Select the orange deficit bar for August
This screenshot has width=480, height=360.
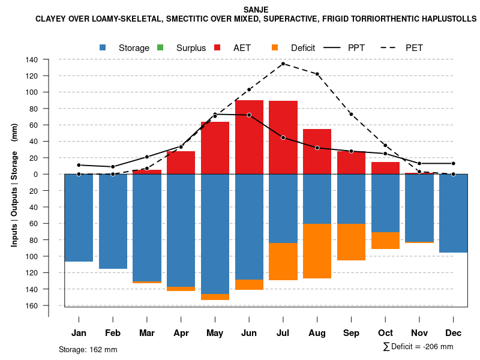[x=317, y=251]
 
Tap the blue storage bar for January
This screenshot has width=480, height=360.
[x=79, y=218]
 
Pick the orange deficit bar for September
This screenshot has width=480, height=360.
[x=351, y=242]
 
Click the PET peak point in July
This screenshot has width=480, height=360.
[x=283, y=64]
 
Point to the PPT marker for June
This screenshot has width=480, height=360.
[x=249, y=115]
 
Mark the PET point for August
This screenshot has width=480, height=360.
[x=317, y=74]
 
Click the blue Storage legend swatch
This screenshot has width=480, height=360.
[x=104, y=47]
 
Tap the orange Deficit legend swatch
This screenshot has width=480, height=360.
[x=275, y=47]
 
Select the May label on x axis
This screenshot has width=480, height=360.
[x=215, y=333]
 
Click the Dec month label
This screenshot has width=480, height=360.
[x=454, y=333]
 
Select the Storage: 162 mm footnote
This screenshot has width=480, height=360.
[x=88, y=349]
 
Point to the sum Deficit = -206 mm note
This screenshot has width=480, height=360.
[x=418, y=347]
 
